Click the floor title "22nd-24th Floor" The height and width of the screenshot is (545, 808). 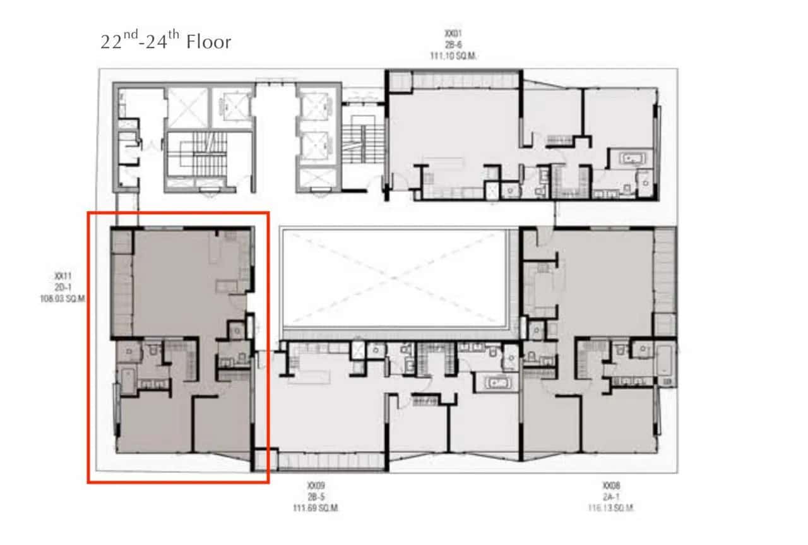point(166,42)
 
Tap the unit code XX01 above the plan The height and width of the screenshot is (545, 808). point(453,32)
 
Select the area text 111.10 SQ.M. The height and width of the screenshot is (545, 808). point(453,56)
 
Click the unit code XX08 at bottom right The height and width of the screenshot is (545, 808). point(610,486)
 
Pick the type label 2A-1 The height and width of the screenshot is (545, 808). point(610,497)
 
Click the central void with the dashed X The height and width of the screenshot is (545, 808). point(395,278)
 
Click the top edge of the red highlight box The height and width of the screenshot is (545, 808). point(178,213)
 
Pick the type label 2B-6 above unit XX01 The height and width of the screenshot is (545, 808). point(453,44)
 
